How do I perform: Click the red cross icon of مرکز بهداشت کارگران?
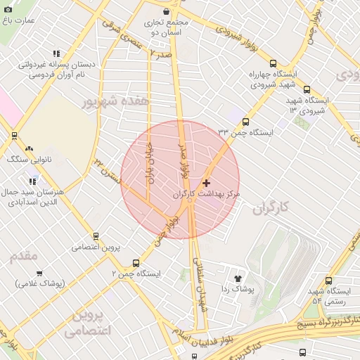[205, 183]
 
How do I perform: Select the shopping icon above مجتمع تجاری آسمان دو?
[165, 11]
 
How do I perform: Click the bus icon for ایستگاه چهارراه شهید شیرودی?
[273, 63]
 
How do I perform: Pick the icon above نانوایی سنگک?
[29, 149]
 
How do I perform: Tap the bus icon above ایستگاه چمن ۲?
[136, 263]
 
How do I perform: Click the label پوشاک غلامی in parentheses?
[40, 283]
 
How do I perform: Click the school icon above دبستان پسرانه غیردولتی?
[56, 53]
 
